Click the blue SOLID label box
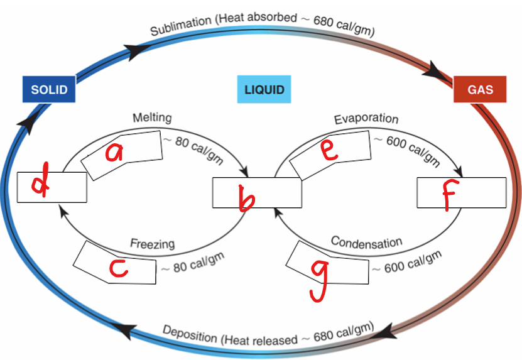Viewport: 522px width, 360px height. click(x=49, y=89)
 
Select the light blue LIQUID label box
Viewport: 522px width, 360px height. click(x=264, y=89)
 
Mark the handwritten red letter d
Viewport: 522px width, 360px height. click(x=41, y=185)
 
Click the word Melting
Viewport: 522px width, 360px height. click(x=152, y=117)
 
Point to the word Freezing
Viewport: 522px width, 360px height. click(x=152, y=244)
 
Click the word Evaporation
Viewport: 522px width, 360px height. click(x=366, y=119)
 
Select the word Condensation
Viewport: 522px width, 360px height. click(x=366, y=242)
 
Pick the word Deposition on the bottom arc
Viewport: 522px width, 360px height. click(x=190, y=334)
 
